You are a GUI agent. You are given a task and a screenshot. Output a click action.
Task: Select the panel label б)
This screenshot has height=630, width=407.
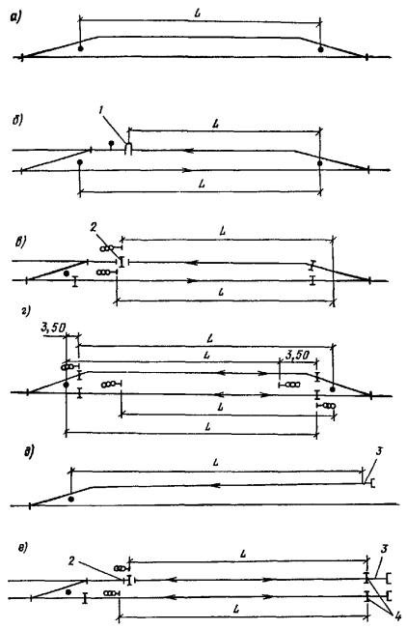coord(16,121)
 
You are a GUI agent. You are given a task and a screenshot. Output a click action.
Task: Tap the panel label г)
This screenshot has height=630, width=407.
coord(27,311)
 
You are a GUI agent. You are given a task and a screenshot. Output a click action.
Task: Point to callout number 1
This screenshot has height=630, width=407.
coord(101,110)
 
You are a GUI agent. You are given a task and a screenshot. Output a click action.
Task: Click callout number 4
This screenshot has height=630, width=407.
coord(397,616)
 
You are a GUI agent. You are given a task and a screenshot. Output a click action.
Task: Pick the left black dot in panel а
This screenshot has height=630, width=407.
coord(81,48)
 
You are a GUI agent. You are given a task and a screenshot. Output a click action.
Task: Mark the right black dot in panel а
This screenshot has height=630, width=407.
coord(320,49)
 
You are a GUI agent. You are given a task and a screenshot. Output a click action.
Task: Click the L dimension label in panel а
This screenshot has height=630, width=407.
coord(198,13)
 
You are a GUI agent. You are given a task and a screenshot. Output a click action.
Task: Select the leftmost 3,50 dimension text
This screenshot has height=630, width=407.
coord(53,328)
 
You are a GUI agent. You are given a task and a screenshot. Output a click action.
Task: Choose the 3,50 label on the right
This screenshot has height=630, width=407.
coord(297,355)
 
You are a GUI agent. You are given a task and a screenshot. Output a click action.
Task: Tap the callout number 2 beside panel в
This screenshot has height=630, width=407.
coord(93,227)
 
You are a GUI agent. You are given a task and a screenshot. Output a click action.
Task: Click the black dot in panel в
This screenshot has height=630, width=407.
coord(67,273)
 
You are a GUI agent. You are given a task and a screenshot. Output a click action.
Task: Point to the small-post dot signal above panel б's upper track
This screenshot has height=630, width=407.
coord(111,143)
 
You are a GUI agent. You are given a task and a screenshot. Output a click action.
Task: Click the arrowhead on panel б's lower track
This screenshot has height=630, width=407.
coord(187,170)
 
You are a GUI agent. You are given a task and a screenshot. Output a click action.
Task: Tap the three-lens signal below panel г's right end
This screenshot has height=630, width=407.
coord(326,406)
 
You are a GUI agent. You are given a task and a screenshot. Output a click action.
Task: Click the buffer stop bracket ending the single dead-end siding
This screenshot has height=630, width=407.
coord(373,483)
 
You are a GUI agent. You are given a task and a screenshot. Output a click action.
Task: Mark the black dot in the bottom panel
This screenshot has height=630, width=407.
coord(68,592)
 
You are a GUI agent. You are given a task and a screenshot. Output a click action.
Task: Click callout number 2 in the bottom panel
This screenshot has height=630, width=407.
coord(71,560)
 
